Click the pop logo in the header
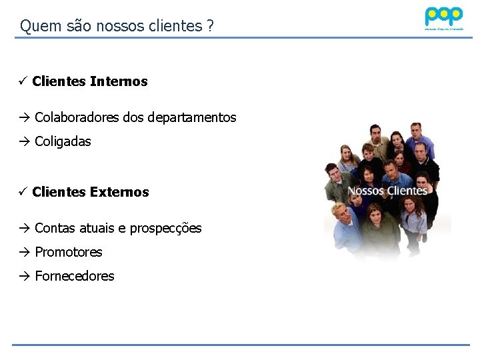click(x=443, y=16)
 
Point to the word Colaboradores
click(x=77, y=117)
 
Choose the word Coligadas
click(x=63, y=141)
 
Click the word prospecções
click(x=165, y=229)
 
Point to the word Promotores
click(x=68, y=252)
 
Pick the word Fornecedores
click(x=74, y=276)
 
